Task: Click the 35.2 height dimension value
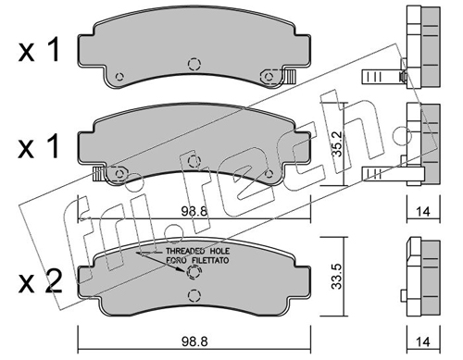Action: click(x=338, y=143)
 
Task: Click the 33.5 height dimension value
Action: click(x=337, y=276)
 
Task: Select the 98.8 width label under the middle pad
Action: click(x=194, y=211)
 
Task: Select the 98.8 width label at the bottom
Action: click(x=194, y=341)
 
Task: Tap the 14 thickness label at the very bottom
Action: click(x=423, y=341)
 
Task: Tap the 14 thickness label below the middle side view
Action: click(x=423, y=211)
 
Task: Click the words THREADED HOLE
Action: click(x=198, y=251)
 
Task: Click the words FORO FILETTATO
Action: click(x=198, y=260)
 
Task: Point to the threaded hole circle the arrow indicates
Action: click(x=194, y=272)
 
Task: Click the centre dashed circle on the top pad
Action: click(x=194, y=64)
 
